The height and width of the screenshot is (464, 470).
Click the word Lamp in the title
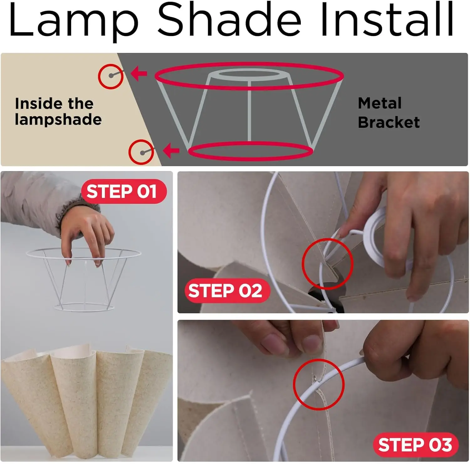(74, 20)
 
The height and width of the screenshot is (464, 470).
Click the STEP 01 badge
(123, 191)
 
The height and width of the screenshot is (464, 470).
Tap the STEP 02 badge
(226, 290)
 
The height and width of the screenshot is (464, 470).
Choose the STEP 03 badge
(415, 445)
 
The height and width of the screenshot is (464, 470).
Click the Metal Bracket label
(389, 113)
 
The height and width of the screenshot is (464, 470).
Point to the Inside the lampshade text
(58, 112)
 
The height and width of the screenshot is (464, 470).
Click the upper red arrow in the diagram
(139, 74)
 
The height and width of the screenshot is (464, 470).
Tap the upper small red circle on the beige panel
(111, 76)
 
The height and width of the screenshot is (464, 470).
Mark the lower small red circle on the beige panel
(141, 152)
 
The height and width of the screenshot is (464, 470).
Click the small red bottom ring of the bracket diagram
(250, 151)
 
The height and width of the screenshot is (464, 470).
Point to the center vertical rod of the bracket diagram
(249, 111)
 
